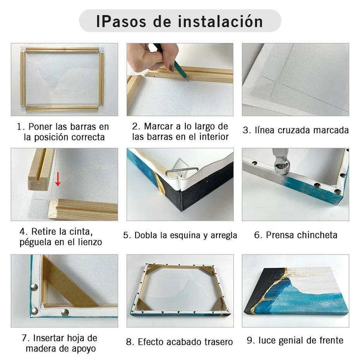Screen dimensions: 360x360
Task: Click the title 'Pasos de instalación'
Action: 179,21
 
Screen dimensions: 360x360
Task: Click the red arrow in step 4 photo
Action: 57,179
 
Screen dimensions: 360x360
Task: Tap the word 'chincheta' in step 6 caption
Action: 319,235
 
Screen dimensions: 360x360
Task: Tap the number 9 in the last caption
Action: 250,340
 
